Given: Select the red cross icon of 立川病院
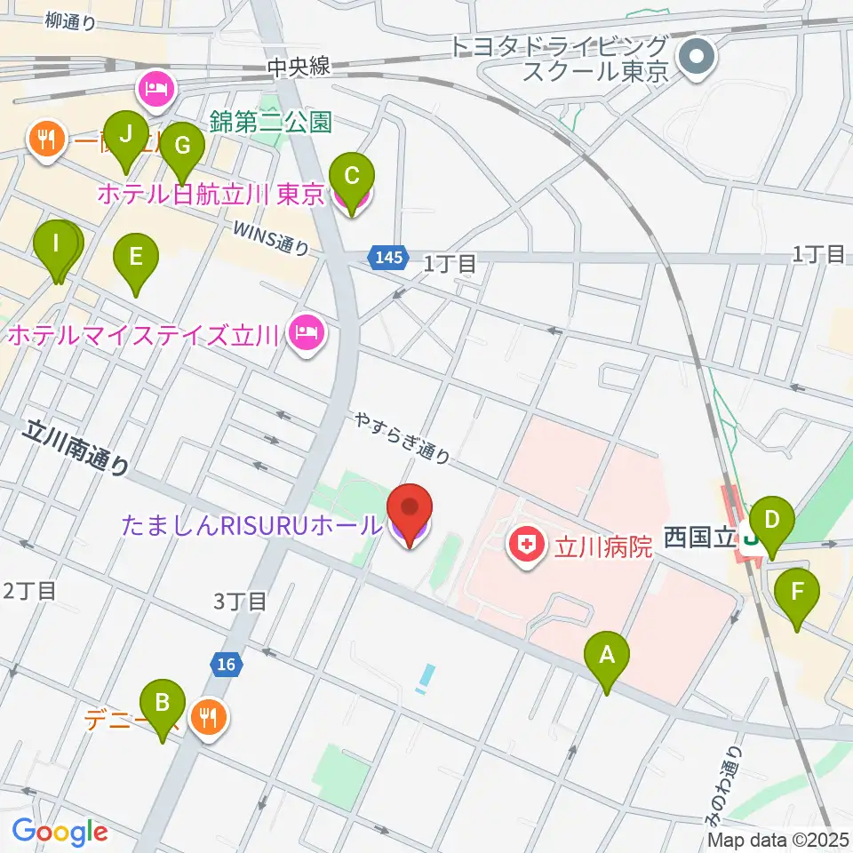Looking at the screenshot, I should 528,543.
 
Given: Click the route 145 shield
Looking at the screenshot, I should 389,258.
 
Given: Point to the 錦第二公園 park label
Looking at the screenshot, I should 270,122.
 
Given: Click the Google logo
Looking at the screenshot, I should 60,832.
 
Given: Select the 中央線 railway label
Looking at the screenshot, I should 302,67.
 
